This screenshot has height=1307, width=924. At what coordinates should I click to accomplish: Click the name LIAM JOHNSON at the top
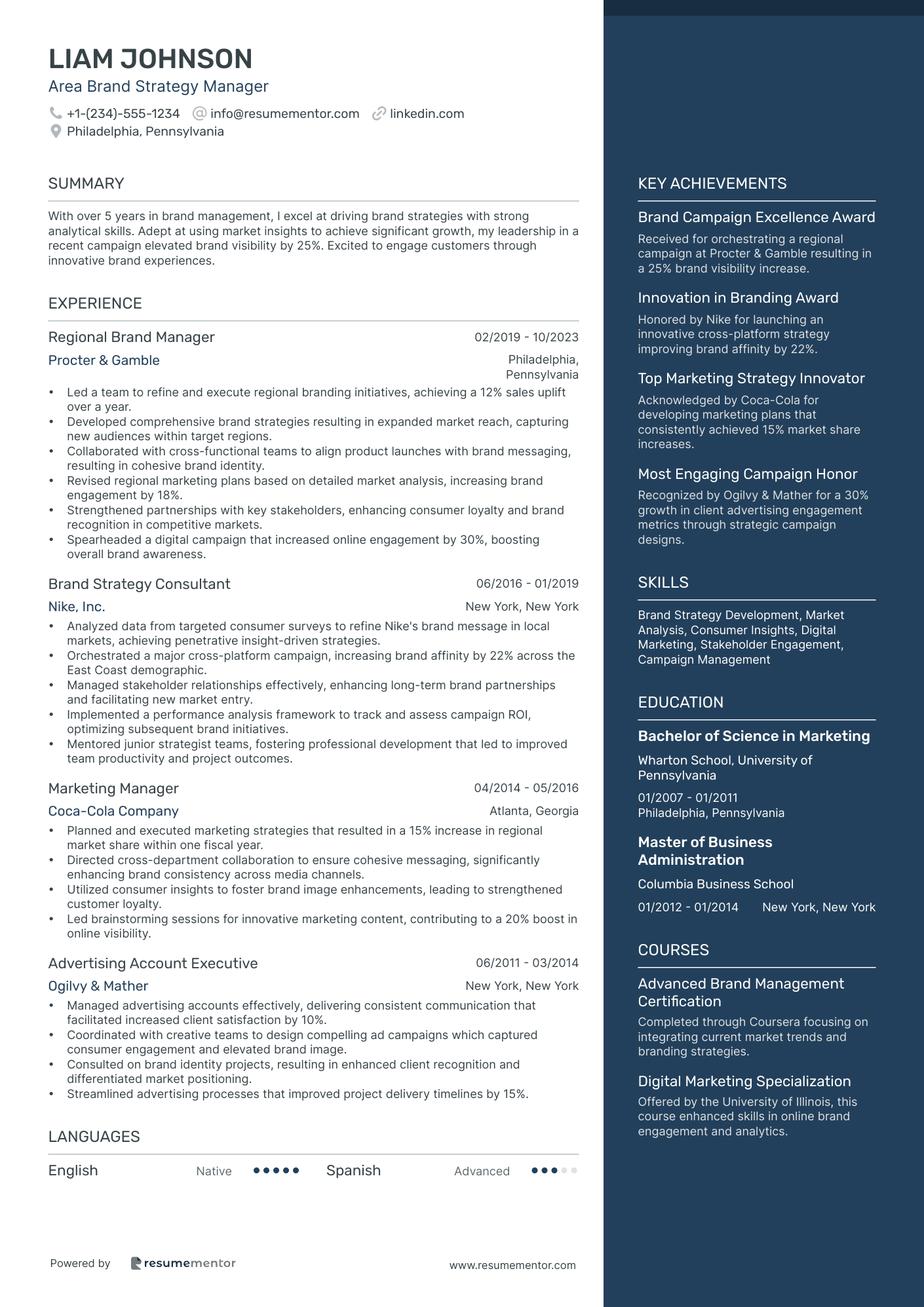[150, 59]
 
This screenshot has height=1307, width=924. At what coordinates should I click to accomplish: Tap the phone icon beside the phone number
[56, 113]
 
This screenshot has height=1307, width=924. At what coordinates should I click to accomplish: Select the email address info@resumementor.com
[284, 113]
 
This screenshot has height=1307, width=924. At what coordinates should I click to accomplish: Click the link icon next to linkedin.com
[379, 113]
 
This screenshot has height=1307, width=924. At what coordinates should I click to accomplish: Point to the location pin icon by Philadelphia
[56, 131]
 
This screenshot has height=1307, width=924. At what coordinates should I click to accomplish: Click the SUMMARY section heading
[86, 183]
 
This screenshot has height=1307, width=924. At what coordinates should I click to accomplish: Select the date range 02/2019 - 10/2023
[526, 337]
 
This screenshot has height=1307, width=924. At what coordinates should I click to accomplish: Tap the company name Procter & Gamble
[104, 360]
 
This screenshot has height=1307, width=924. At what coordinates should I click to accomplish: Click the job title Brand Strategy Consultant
[139, 584]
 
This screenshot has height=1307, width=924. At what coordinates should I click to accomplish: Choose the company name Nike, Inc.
[77, 607]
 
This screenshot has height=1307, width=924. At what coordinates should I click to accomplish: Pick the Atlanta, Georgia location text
[533, 811]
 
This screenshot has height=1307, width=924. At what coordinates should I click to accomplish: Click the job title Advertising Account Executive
[153, 963]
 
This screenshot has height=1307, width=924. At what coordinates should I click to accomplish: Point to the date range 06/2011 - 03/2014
[527, 963]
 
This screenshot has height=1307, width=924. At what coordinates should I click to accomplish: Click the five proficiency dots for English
[276, 1171]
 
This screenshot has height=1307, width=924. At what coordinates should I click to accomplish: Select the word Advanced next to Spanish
[482, 1171]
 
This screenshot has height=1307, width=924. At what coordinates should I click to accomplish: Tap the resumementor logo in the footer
[183, 1263]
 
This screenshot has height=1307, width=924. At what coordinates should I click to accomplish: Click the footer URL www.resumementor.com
[512, 1265]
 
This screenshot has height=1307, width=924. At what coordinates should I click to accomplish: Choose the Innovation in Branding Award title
[738, 298]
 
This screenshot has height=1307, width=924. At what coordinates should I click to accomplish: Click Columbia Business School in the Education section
[716, 884]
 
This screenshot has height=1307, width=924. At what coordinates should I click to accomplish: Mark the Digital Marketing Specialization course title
[744, 1082]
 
